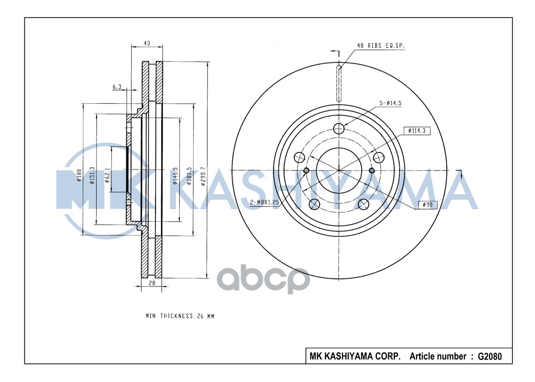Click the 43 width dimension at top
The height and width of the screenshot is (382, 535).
pyautogui.click(x=147, y=43)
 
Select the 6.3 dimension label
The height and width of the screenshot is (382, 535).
pyautogui.click(x=117, y=87)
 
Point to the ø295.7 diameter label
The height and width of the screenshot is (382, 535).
pyautogui.click(x=203, y=177)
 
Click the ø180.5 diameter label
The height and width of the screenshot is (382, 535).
pyautogui.click(x=190, y=177)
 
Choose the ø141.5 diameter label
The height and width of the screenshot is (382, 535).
pyautogui.click(x=175, y=176)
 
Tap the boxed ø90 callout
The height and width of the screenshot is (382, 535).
pyautogui.click(x=428, y=205)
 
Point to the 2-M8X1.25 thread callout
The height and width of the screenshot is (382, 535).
pyautogui.click(x=264, y=202)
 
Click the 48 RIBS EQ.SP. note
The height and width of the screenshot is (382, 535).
pyautogui.click(x=381, y=46)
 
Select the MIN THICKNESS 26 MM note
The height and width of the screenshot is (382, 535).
pyautogui.click(x=180, y=316)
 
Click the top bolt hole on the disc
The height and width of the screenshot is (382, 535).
pyautogui.click(x=339, y=128)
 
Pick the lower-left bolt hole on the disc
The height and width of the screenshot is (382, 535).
pyautogui.click(x=314, y=204)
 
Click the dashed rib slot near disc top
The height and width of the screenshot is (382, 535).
pyautogui.click(x=339, y=84)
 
